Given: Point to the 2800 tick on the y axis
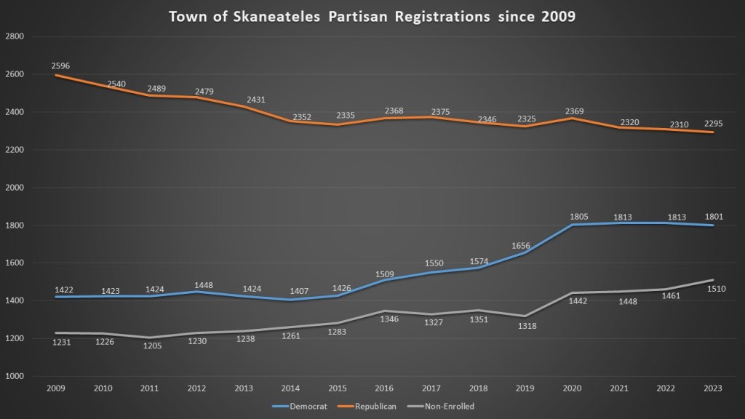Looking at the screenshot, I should click(15, 36).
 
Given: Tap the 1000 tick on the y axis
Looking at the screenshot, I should click(15, 377).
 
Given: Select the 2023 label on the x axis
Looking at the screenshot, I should click(714, 389).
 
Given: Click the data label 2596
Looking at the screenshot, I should click(60, 65).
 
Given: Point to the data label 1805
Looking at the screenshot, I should click(579, 216).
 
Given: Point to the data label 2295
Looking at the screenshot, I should click(713, 123).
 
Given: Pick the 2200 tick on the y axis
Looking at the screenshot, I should click(15, 150).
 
